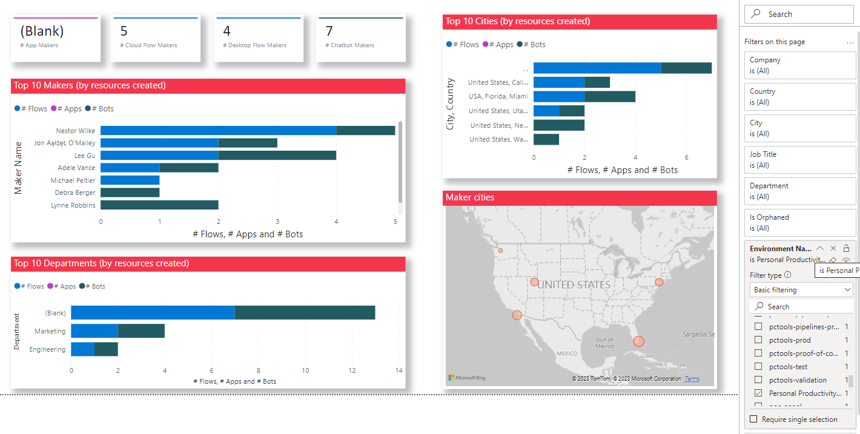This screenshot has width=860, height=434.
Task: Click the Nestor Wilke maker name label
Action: tap(75, 131)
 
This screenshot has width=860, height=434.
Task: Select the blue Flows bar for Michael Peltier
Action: tap(130, 180)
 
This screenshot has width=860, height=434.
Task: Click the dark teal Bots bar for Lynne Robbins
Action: tap(159, 205)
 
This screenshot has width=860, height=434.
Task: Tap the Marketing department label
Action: tap(50, 331)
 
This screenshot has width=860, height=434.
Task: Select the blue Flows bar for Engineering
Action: tap(82, 349)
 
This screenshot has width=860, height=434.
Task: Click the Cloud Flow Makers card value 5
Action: tap(124, 31)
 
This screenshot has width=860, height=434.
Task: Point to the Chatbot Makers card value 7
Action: tap(329, 31)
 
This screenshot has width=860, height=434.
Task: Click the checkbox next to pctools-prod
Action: tap(758, 340)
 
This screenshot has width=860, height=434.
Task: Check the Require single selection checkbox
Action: tap(754, 419)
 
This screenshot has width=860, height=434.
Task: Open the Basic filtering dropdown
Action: tap(801, 290)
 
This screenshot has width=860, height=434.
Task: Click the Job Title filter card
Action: tap(799, 160)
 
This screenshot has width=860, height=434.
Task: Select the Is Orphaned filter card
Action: tap(799, 223)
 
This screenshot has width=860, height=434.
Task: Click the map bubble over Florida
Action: tap(638, 341)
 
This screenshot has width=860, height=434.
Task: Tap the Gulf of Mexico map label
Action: tap(604, 343)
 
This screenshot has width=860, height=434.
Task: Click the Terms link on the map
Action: tap(692, 379)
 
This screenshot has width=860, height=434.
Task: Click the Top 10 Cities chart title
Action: tap(518, 22)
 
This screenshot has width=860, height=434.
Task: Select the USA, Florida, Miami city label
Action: tap(498, 96)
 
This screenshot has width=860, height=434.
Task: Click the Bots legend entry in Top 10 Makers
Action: tap(100, 109)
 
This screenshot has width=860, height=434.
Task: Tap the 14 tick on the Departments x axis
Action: tap(399, 370)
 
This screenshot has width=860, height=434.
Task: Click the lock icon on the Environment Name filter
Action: tap(846, 248)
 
